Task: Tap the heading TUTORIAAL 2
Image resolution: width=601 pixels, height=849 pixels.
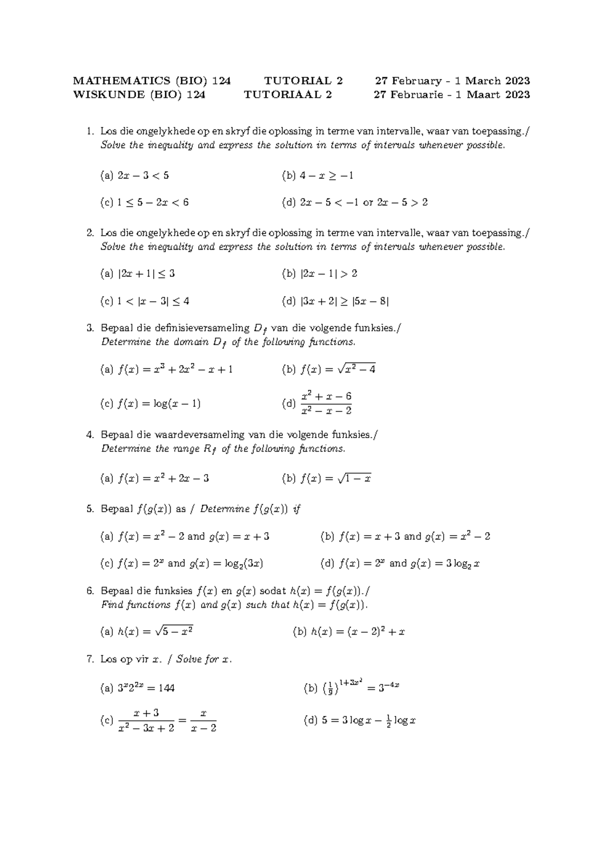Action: [287, 95]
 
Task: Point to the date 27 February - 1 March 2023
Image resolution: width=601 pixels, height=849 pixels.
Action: [452, 81]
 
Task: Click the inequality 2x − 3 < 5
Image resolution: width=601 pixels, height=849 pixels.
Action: [143, 176]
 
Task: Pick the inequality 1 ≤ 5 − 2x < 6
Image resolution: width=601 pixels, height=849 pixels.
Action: [153, 203]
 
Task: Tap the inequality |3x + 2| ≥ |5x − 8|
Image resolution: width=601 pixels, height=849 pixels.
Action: [344, 301]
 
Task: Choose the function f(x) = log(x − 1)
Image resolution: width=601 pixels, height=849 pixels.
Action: [159, 403]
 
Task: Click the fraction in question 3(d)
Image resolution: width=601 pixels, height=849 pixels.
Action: [326, 403]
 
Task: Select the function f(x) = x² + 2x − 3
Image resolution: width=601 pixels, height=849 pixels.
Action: [163, 479]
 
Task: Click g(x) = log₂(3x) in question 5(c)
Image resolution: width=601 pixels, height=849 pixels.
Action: [226, 564]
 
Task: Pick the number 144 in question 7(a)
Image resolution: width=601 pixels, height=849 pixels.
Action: [166, 688]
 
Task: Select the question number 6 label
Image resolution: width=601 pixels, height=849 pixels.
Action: [90, 591]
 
